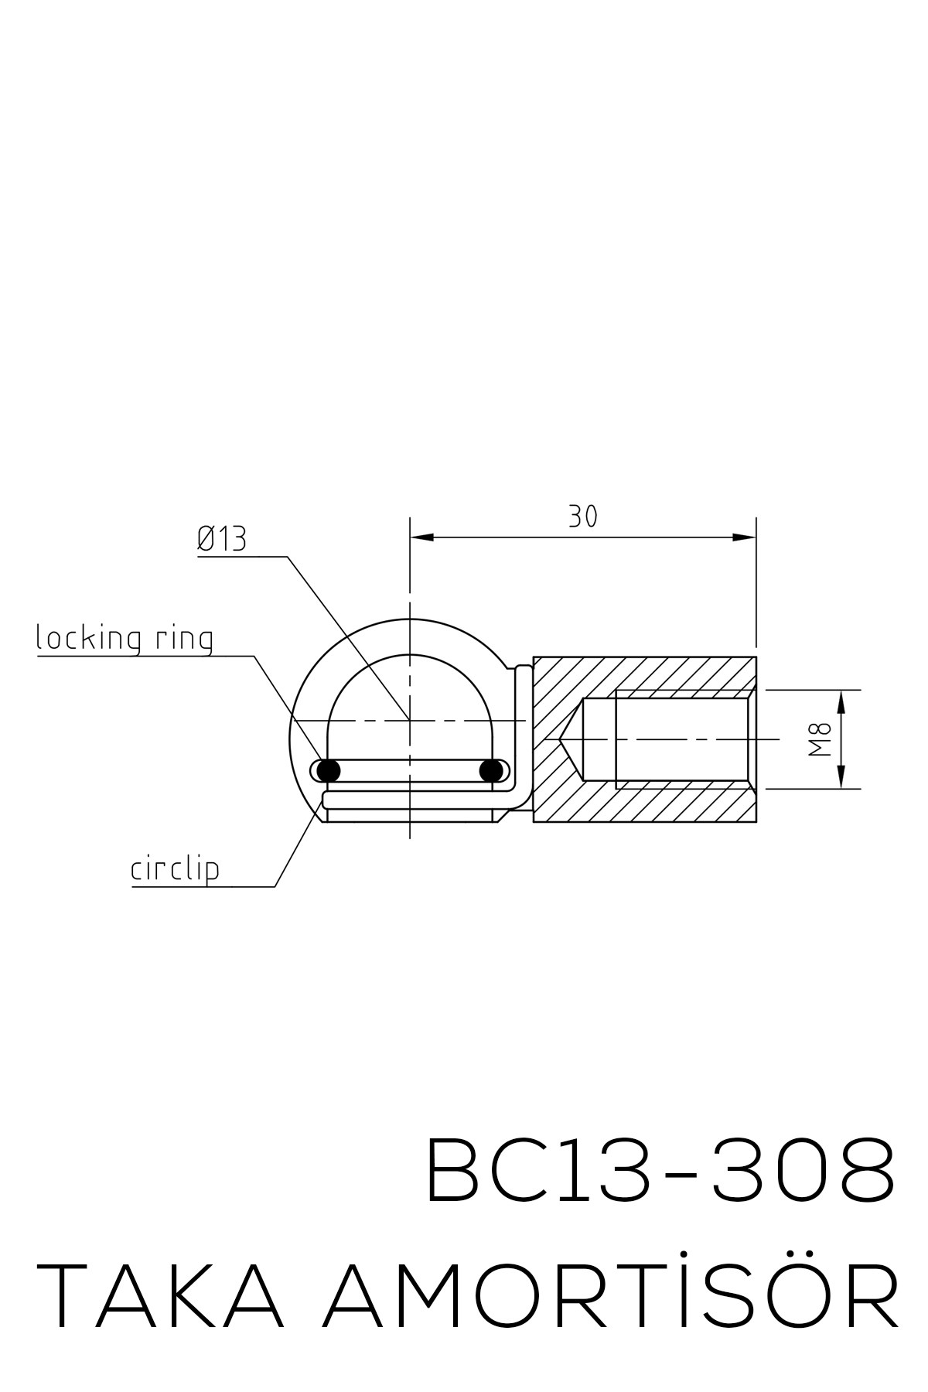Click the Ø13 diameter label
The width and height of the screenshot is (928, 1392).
point(222,539)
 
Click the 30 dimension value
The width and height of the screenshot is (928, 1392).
point(583,516)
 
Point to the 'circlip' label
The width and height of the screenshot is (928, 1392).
point(175,870)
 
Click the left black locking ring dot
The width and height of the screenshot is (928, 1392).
point(329,770)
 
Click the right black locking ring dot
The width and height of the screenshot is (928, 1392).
point(491,770)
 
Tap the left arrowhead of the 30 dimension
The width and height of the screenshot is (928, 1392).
point(420,537)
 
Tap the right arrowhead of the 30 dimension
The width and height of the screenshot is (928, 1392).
point(745,537)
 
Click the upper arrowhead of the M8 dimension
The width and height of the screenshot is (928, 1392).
point(841,699)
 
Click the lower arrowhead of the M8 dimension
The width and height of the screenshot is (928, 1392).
point(841,779)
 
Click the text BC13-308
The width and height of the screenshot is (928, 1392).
point(661,1169)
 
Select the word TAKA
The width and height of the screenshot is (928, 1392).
point(160,1296)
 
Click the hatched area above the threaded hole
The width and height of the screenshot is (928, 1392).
point(657,673)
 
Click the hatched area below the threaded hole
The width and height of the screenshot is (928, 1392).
point(657,805)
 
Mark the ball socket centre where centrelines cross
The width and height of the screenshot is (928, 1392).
point(410,720)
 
